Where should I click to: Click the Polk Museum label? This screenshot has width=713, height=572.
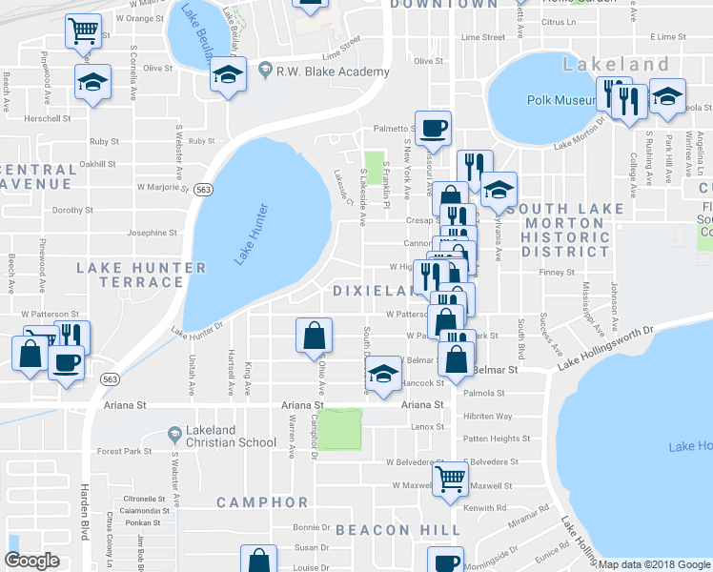560,100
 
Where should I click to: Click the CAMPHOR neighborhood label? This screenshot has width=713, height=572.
262,502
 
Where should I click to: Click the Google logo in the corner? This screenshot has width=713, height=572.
31,561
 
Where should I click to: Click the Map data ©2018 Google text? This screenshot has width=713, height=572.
654,564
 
